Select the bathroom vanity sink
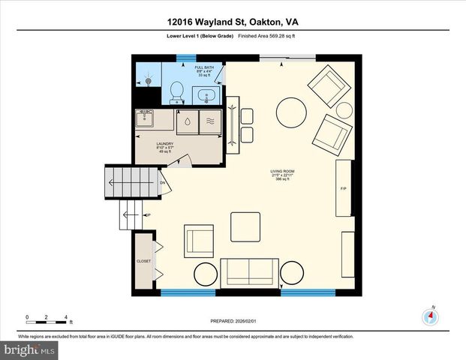pyautogui.click(x=206, y=95)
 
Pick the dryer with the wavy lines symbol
pyautogui.click(x=210, y=122)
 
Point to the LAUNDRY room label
pyautogui.click(x=165, y=144)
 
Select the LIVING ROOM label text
pyautogui.click(x=283, y=171)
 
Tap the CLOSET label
pyautogui.click(x=143, y=261)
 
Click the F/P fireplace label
pyautogui.click(x=343, y=187)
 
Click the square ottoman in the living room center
pyautogui.click(x=245, y=226)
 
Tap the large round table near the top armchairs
pyautogui.click(x=291, y=114)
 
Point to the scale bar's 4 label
pyautogui.click(x=67, y=316)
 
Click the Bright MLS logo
pyautogui.click(x=28, y=349)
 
